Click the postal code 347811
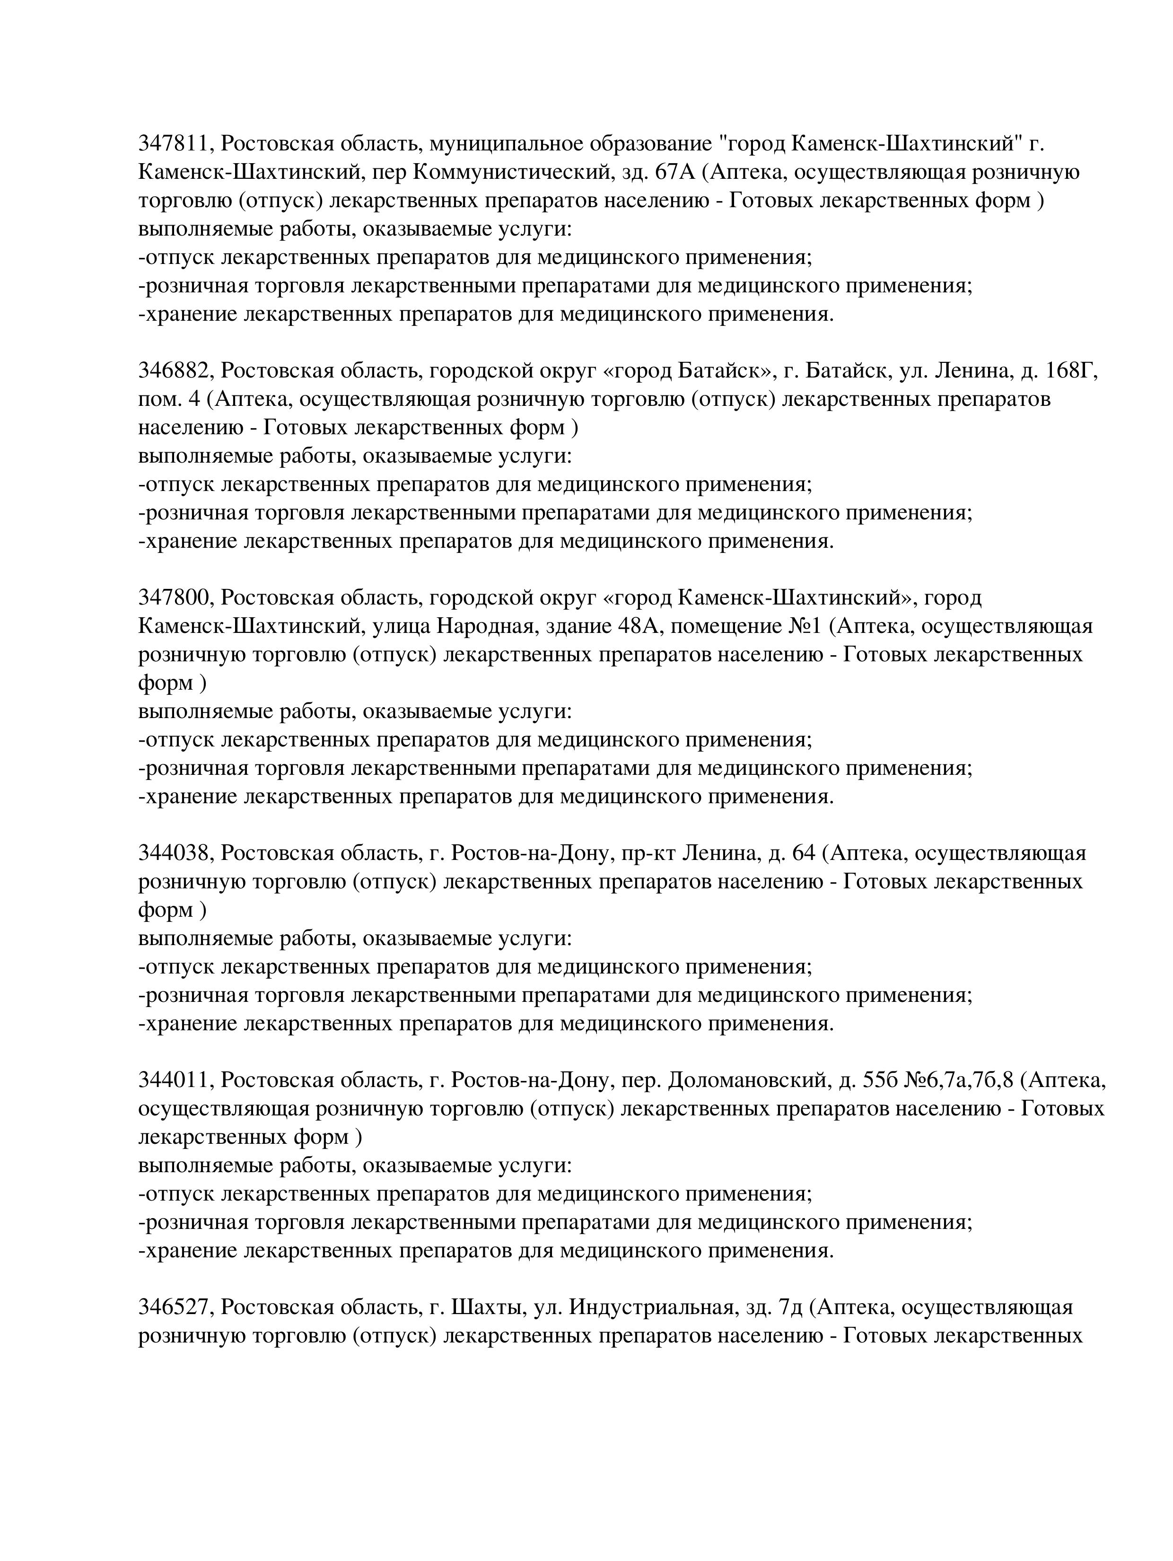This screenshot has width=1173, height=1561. click(175, 144)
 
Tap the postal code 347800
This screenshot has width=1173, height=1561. click(175, 598)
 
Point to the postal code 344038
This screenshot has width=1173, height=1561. click(175, 853)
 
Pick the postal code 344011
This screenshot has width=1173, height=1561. click(175, 1080)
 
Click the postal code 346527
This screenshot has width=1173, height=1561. click(175, 1307)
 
